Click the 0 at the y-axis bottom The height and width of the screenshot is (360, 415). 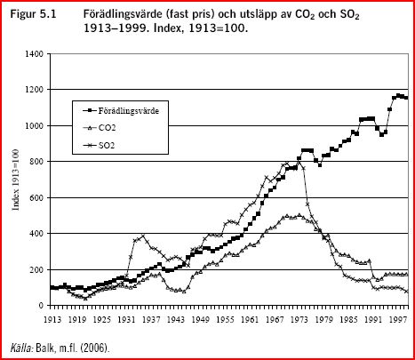[x=42, y=306]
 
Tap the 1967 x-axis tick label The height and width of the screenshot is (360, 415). [x=277, y=316]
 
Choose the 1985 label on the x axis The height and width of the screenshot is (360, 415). [x=351, y=316]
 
